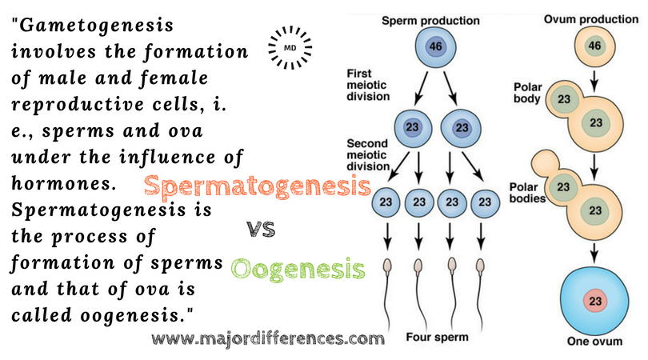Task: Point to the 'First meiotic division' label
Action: pos(368,85)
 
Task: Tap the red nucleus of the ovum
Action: pos(594,302)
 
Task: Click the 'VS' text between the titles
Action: pos(261,230)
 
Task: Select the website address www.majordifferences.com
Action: pos(267,338)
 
